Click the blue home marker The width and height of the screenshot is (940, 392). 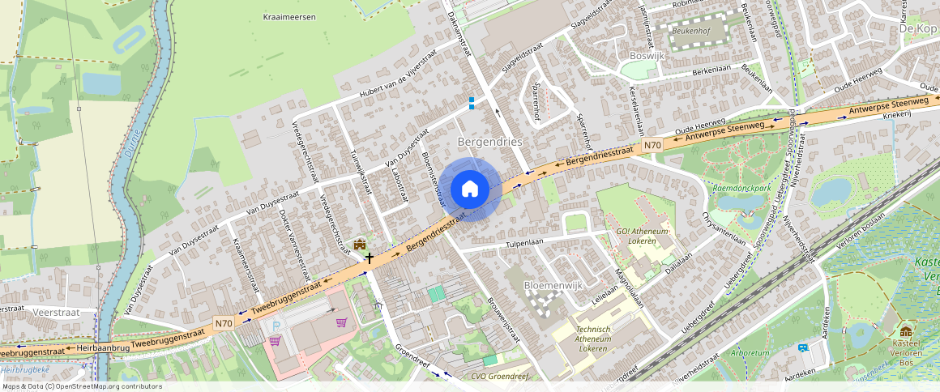(x=469, y=189)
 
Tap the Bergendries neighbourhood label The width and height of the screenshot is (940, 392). (x=490, y=142)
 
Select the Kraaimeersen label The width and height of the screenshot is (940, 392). (x=289, y=17)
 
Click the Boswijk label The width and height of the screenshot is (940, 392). (x=647, y=56)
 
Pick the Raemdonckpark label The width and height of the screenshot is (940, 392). (x=741, y=187)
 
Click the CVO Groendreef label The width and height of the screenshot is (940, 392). (x=499, y=377)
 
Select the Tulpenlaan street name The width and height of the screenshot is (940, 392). (x=528, y=241)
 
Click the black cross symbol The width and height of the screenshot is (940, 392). (x=370, y=258)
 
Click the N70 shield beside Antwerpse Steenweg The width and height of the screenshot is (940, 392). (x=652, y=146)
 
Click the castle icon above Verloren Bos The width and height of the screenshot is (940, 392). (x=905, y=332)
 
